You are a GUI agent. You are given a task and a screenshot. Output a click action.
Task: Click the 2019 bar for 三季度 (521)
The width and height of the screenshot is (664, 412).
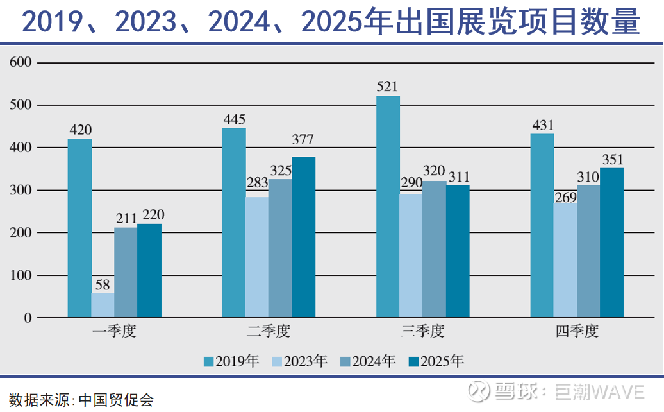(388, 207)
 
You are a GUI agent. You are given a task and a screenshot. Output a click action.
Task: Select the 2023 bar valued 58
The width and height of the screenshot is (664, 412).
(103, 305)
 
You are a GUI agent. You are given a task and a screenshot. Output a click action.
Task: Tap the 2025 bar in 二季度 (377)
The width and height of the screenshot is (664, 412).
(303, 237)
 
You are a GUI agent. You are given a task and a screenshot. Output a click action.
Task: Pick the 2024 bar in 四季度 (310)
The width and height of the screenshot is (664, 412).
(588, 252)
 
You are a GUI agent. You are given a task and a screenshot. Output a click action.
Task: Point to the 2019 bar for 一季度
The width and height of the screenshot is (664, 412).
(79, 228)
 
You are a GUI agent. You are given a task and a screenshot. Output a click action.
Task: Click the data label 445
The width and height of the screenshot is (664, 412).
(234, 120)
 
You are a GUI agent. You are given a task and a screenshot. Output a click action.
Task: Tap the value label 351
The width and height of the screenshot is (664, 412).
(611, 160)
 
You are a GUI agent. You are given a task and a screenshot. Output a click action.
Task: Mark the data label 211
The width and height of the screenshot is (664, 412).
(126, 219)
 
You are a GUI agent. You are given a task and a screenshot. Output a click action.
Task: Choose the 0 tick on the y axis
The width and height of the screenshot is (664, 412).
(28, 318)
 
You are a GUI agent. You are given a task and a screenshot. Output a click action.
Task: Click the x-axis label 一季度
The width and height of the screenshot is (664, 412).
(114, 332)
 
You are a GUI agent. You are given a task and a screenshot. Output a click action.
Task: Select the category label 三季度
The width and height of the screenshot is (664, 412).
(422, 332)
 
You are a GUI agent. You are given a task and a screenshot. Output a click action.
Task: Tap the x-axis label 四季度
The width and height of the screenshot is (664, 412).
(577, 332)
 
